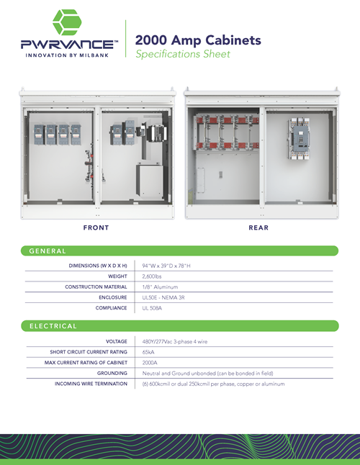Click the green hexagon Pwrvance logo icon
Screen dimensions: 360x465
[67, 22]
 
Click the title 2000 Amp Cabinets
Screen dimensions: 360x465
[198, 40]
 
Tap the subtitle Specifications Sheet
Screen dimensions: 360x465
[183, 54]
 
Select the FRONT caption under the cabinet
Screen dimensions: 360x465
[96, 227]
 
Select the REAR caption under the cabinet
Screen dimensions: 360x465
[258, 227]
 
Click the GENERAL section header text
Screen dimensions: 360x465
[48, 251]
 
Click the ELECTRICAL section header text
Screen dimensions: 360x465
[53, 326]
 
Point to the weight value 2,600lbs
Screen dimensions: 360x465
[152, 276]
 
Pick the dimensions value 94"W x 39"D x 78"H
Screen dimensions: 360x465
[166, 266]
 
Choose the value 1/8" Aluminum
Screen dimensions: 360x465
[160, 287]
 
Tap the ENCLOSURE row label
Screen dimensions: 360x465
[113, 297]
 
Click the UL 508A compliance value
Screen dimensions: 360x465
[152, 308]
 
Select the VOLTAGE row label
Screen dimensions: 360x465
[116, 341]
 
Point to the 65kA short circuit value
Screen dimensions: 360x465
[148, 352]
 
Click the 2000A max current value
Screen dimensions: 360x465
[150, 363]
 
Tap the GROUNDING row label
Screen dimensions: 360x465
[112, 373]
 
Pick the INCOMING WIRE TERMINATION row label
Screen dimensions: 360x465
[91, 384]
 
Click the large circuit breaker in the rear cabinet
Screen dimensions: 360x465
[298, 139]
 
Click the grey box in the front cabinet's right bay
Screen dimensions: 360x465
[150, 181]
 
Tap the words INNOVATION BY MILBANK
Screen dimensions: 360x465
[67, 55]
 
